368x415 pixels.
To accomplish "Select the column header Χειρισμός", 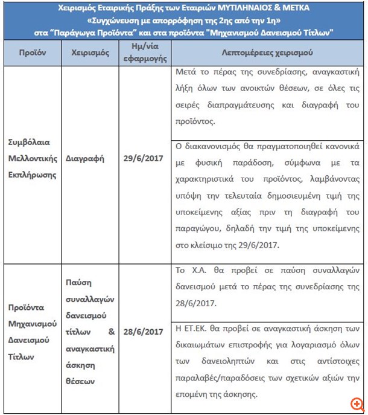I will point(89,53).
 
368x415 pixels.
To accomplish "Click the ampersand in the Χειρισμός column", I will point(112,332).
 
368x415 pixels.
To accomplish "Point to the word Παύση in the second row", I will point(77,284).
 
